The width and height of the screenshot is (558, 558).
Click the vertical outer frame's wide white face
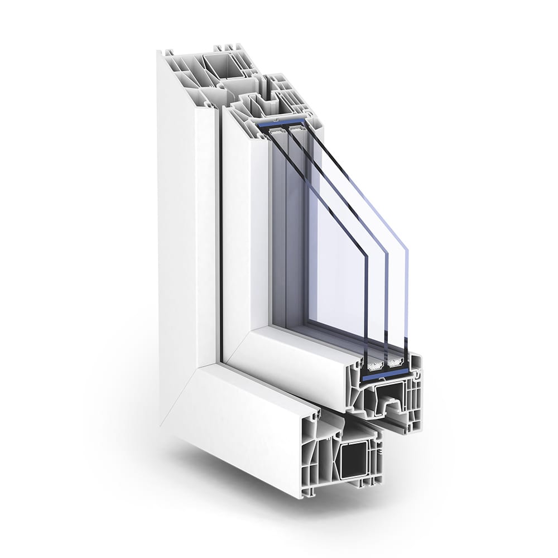click(x=184, y=223)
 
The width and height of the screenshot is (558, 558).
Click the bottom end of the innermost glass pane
click(x=365, y=357)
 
